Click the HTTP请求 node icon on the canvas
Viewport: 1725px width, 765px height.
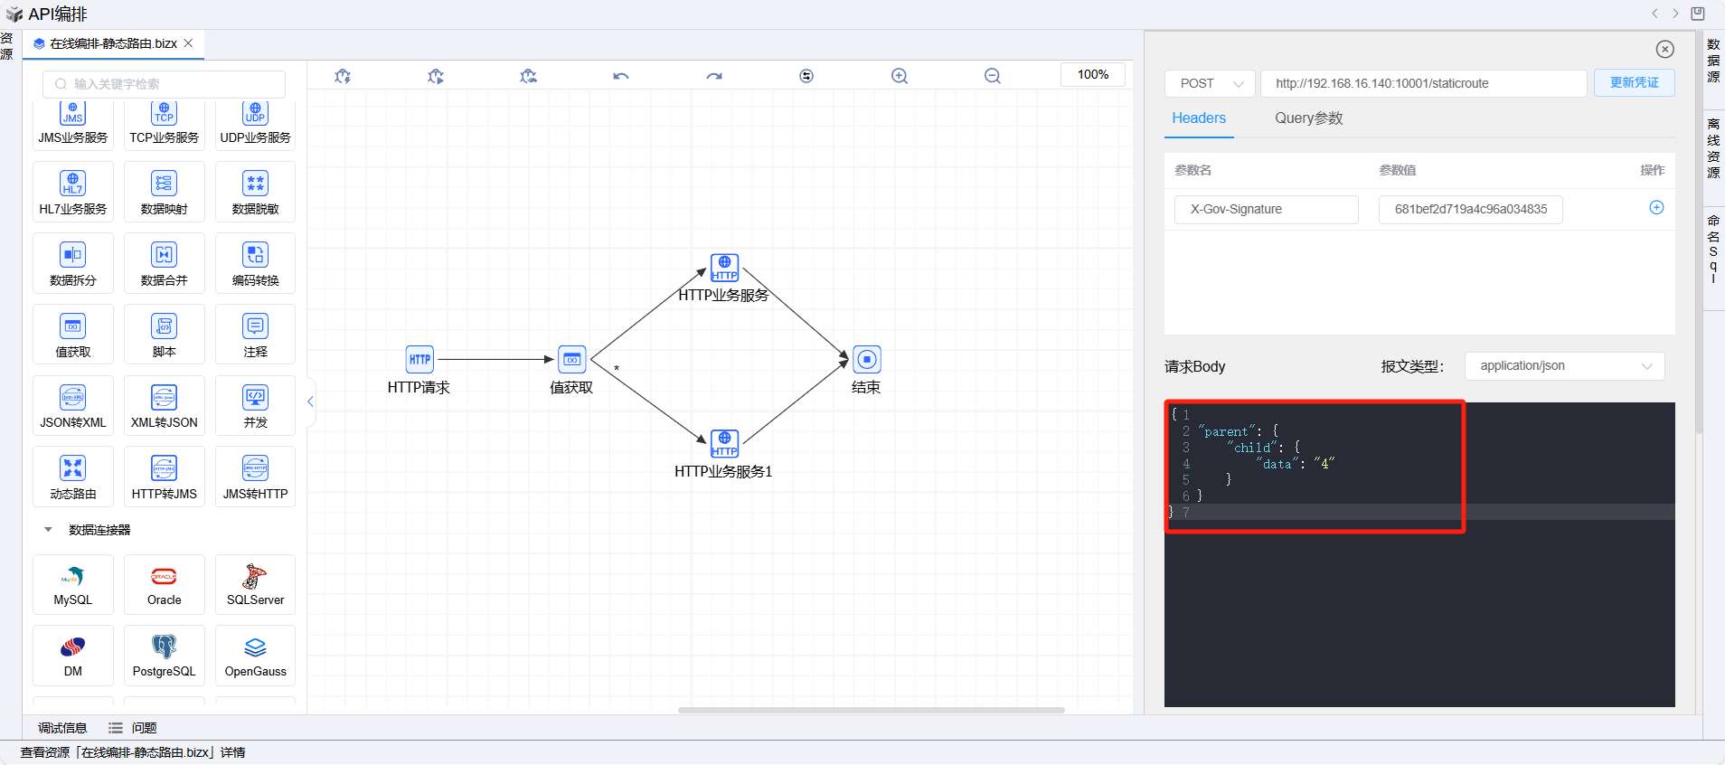(419, 359)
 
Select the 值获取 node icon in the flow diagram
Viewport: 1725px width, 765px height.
(571, 359)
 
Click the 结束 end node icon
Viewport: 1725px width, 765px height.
(866, 359)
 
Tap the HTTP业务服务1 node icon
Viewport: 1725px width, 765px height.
(724, 443)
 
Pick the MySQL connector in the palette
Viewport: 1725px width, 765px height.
(73, 584)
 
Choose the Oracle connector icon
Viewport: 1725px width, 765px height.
(165, 584)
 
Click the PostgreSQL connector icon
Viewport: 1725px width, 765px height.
(165, 656)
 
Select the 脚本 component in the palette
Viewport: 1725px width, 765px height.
(165, 335)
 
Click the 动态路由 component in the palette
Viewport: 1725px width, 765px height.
(73, 477)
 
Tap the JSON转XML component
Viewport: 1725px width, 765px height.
(73, 405)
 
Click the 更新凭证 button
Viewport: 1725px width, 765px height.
(1634, 83)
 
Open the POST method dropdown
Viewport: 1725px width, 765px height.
(1210, 83)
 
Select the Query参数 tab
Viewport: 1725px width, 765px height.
(1308, 118)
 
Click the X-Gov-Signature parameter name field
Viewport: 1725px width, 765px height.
(1266, 209)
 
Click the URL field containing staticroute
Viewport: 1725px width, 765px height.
(1423, 83)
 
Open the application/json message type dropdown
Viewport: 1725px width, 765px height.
(1564, 366)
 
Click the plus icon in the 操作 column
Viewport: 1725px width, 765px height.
(1656, 208)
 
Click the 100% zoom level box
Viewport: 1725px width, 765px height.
(1092, 75)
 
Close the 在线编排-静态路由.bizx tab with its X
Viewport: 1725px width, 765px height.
(188, 43)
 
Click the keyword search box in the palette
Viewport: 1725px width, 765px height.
(165, 84)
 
